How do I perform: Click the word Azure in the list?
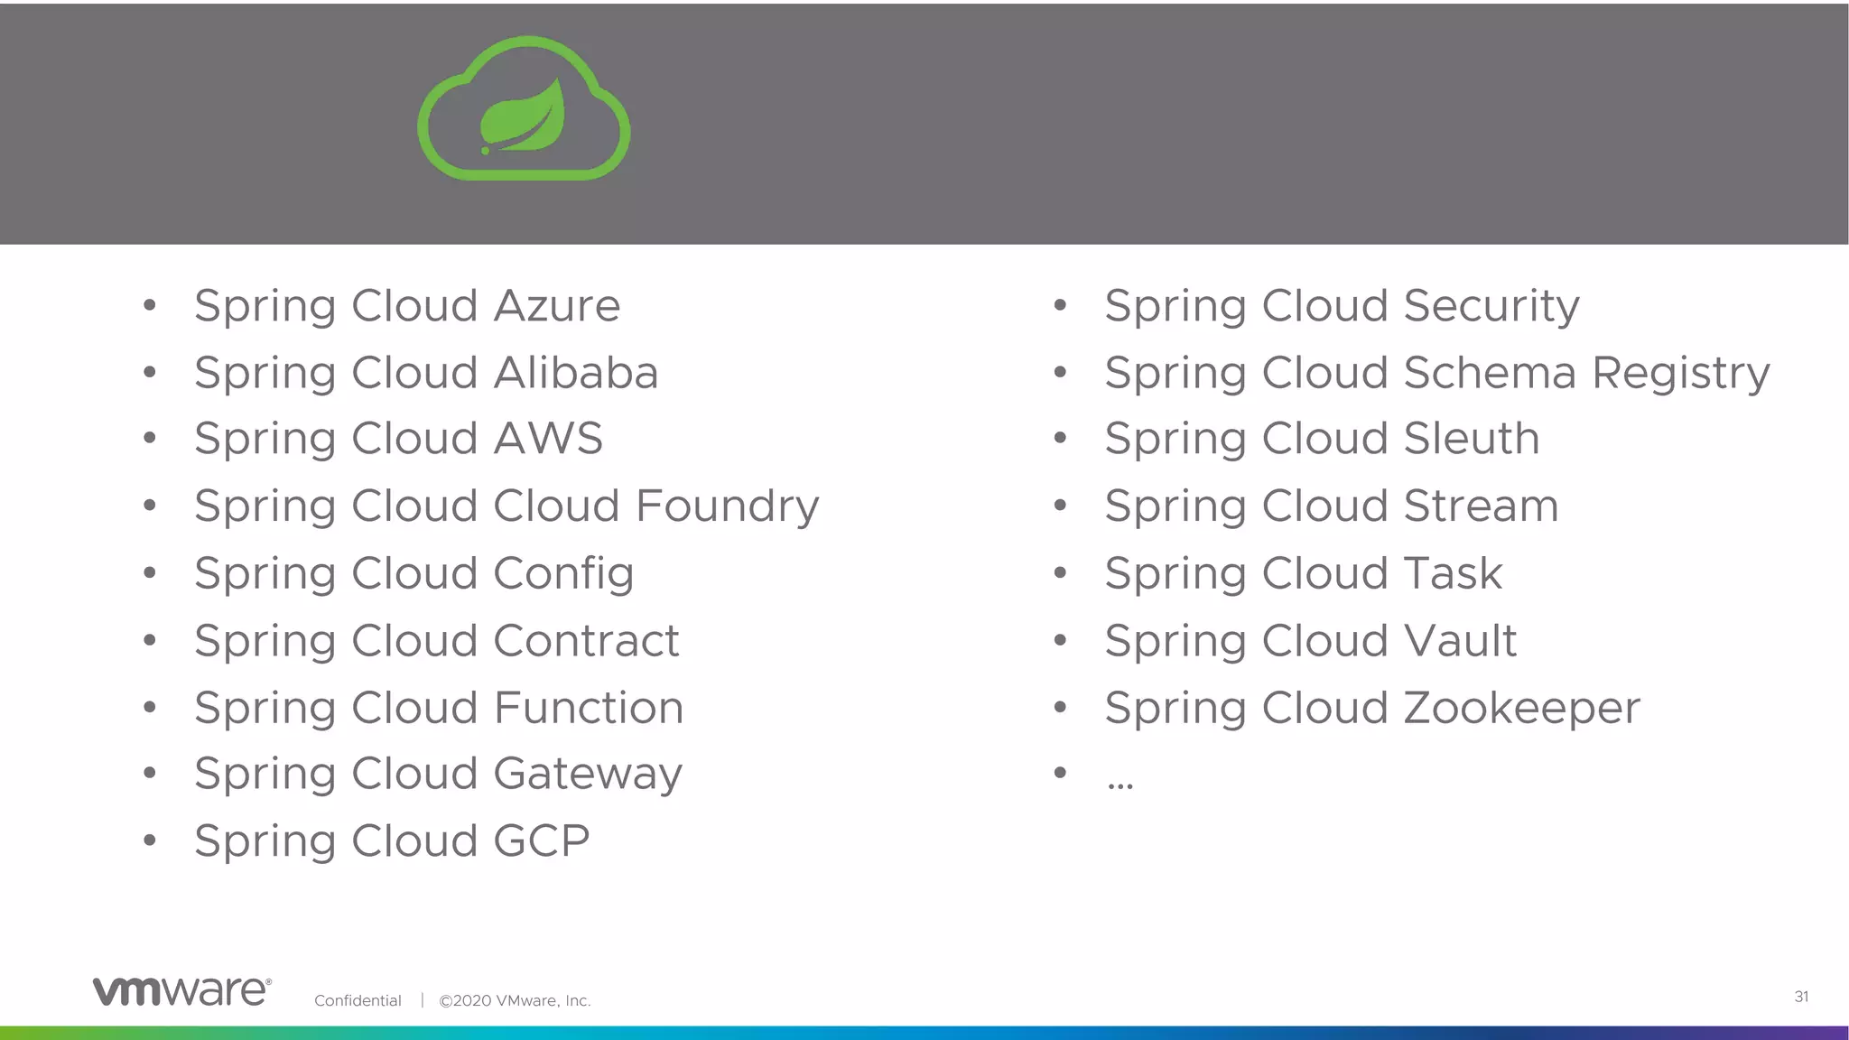tap(556, 306)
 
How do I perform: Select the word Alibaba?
tap(576, 373)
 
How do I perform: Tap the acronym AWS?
tap(548, 439)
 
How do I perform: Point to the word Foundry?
tap(727, 506)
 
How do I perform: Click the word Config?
tap(563, 574)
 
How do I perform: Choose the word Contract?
tap(586, 641)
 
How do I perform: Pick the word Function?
tap(588, 708)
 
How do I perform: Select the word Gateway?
tap(588, 775)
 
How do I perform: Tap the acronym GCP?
tap(542, 841)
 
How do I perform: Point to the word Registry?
tap(1680, 374)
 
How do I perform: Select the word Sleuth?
tap(1472, 439)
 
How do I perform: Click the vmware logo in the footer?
tap(181, 990)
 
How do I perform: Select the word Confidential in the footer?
tap(358, 1000)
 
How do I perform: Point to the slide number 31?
tap(1801, 997)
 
